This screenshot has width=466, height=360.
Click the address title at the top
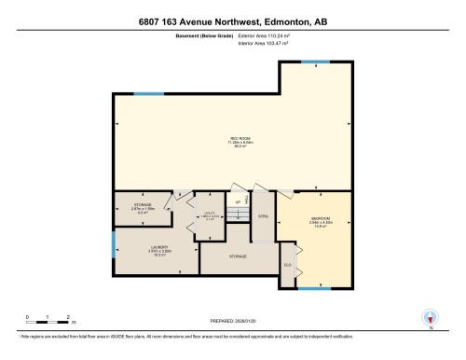tap(233, 21)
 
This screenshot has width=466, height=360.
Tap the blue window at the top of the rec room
tap(317, 62)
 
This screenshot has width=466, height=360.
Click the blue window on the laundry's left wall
tap(113, 245)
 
